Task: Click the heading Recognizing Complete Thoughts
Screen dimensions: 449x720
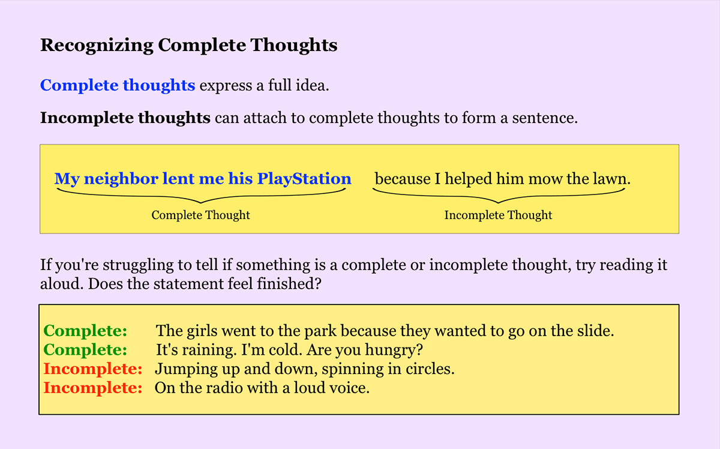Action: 188,46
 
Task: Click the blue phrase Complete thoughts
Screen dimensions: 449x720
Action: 118,85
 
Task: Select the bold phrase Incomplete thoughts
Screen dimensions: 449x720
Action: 125,117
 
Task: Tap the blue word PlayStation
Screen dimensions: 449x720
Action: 304,179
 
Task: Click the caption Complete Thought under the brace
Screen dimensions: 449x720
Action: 200,215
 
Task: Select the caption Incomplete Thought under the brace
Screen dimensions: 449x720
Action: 498,215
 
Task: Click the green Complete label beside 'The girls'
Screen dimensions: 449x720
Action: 86,331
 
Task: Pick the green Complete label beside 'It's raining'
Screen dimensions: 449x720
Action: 86,350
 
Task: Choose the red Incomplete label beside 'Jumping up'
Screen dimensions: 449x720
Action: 93,369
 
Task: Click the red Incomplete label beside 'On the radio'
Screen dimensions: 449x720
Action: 93,388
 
